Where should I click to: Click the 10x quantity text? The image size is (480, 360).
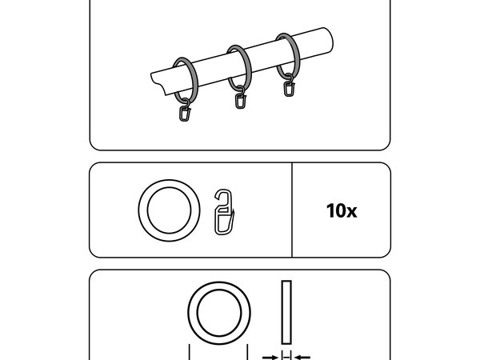click(x=342, y=211)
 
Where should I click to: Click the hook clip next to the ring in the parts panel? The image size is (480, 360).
click(x=224, y=212)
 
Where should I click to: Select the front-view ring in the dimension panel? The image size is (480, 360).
click(x=219, y=286)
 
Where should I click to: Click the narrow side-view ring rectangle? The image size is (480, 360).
click(x=286, y=312)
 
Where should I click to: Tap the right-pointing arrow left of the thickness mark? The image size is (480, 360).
click(x=270, y=357)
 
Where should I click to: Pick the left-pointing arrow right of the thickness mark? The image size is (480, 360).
click(x=302, y=357)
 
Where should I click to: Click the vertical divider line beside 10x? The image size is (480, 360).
click(x=292, y=210)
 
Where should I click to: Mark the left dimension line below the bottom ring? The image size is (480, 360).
click(x=190, y=352)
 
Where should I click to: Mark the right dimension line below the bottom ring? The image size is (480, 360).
click(x=247, y=352)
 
